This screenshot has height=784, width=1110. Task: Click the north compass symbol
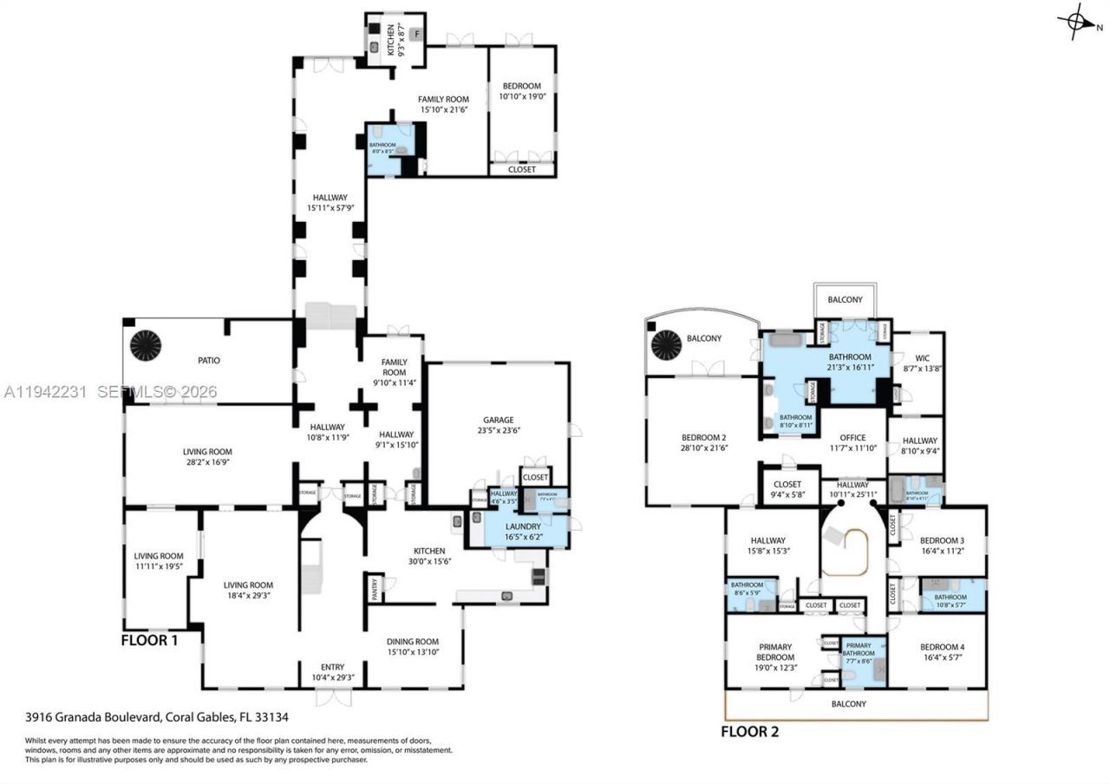pyautogui.click(x=1078, y=22)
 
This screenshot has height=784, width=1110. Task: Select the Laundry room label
pyautogui.click(x=523, y=526)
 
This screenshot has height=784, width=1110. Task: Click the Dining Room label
pyautogui.click(x=413, y=642)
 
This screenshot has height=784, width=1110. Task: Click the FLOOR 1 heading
pyautogui.click(x=150, y=642)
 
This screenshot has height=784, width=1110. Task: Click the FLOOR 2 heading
pyautogui.click(x=750, y=732)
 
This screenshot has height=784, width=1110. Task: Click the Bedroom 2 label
pyautogui.click(x=703, y=437)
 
